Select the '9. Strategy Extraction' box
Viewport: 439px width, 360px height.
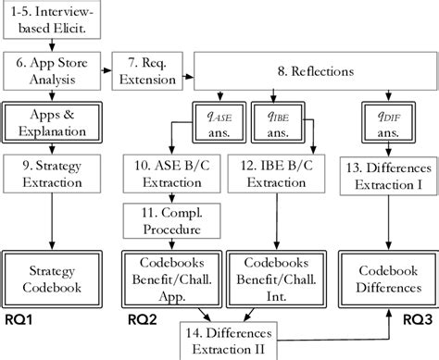point(52,171)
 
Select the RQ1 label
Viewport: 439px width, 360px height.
point(20,320)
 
